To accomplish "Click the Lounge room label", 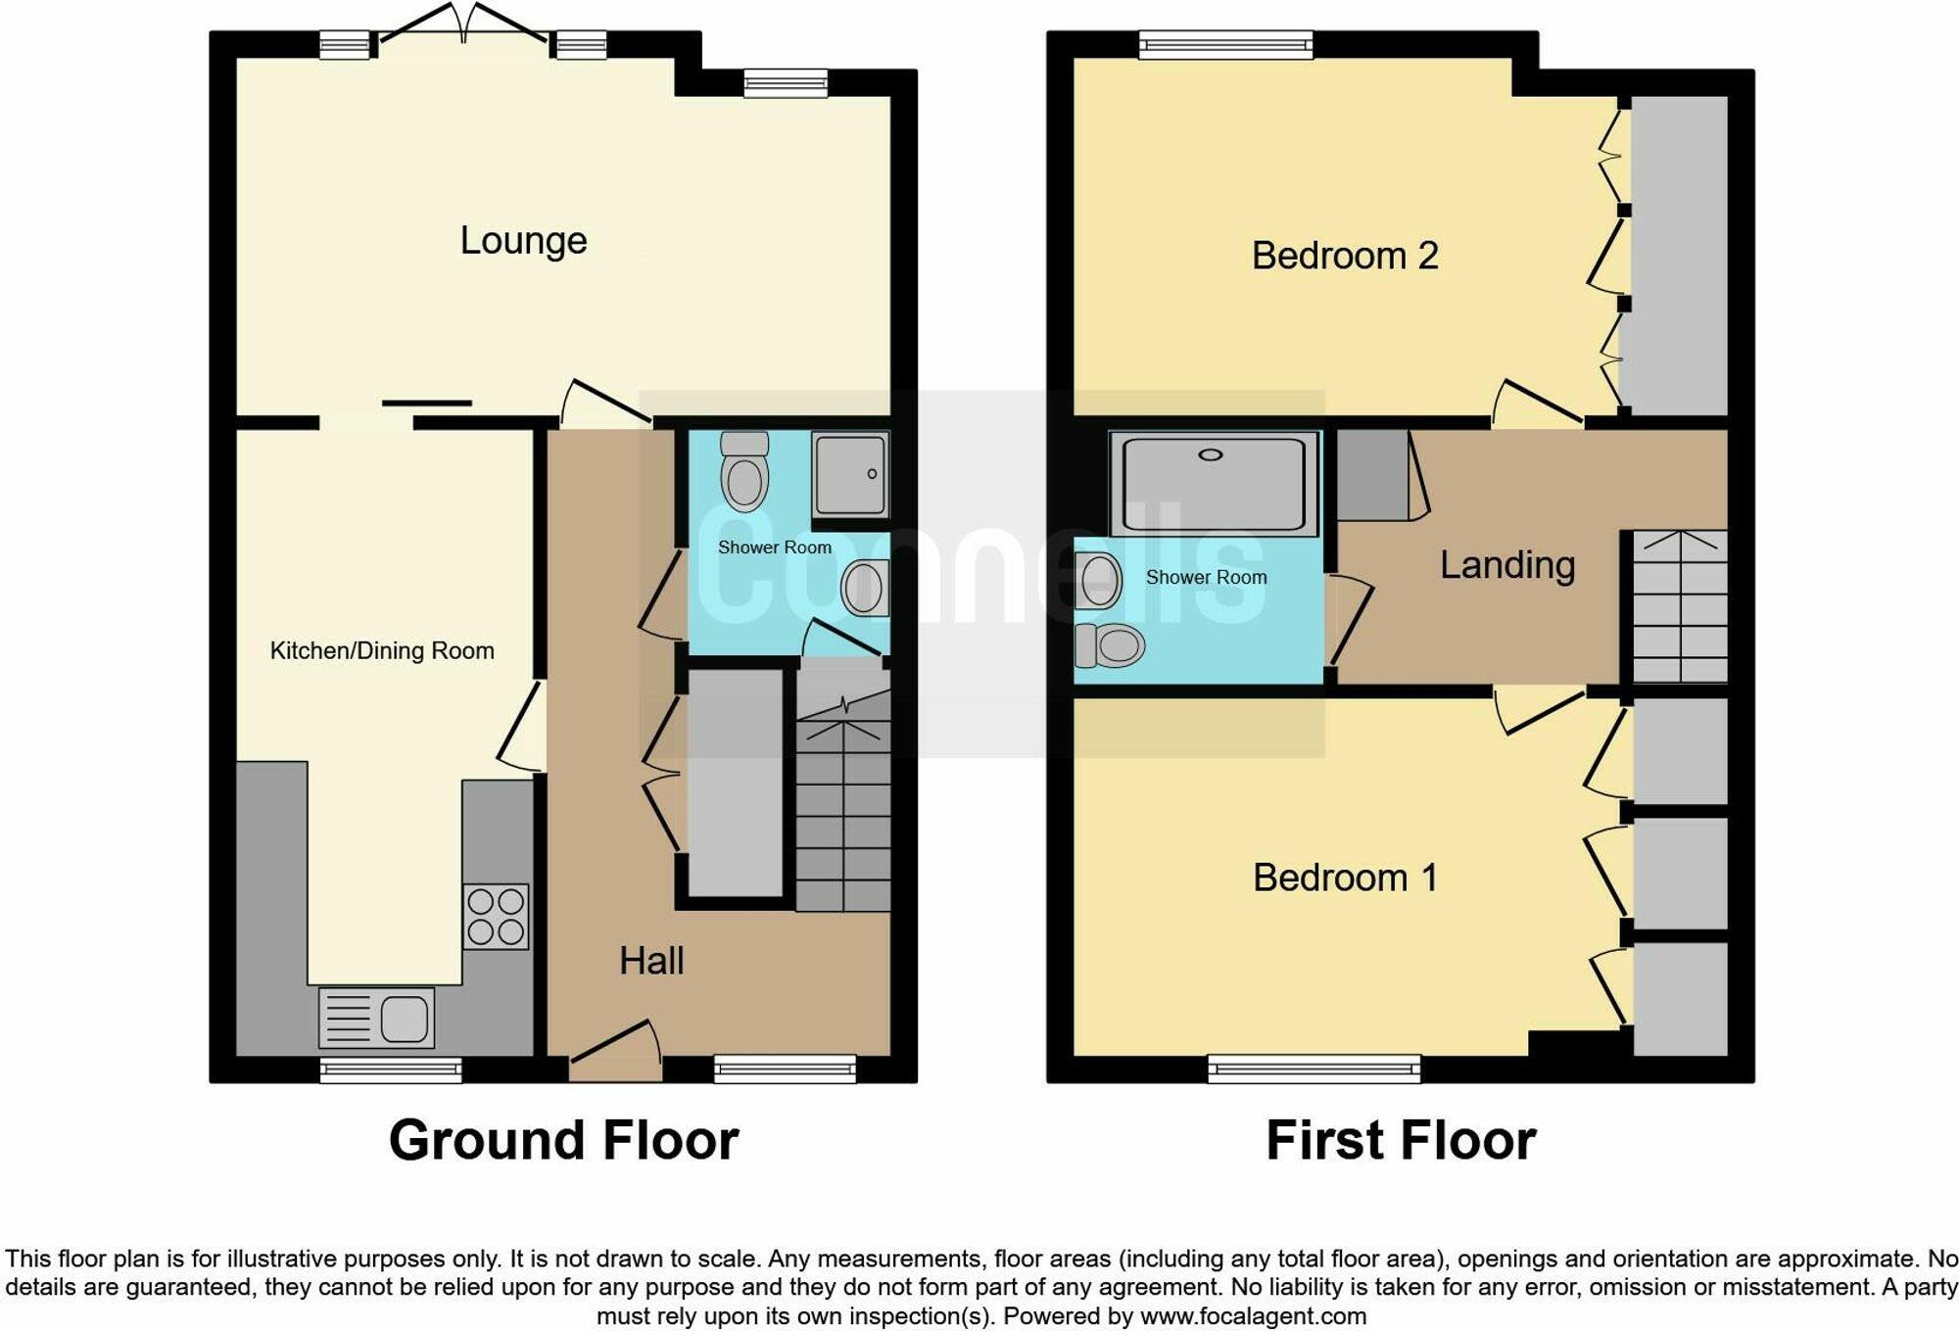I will tap(523, 241).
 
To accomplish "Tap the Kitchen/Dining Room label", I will tap(382, 651).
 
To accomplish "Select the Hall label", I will tap(650, 961).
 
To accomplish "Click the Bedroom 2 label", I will tap(1344, 256).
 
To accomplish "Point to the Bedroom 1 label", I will tap(1344, 878).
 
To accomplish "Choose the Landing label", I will tap(1506, 565).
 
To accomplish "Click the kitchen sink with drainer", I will tap(376, 1019).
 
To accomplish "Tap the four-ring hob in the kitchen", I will tap(496, 917).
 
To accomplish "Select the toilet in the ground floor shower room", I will tap(744, 472).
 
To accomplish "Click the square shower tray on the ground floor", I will tap(850, 475).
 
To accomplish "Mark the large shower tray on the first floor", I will tap(1214, 484).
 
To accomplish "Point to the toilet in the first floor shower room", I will tap(1111, 645).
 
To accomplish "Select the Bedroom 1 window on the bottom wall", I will tap(1314, 1069).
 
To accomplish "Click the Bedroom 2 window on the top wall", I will tap(1225, 44).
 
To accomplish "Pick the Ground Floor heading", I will tap(563, 1141).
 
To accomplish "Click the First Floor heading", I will tap(1401, 1141).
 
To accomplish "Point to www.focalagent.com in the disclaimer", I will tap(1253, 1316).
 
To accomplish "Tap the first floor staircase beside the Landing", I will tap(1679, 607).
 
